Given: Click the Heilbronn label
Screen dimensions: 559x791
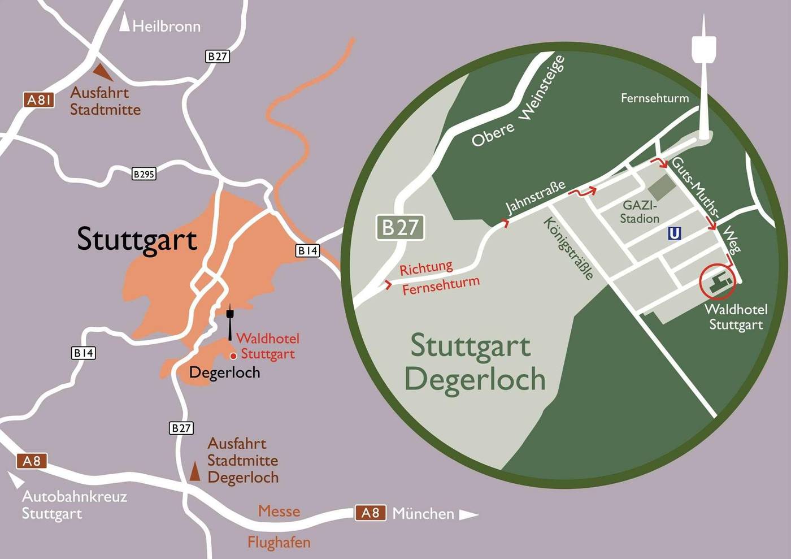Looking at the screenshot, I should coord(166,26).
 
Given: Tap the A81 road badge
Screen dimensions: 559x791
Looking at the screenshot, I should coord(39,100).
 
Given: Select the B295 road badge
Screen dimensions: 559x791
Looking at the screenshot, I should coord(144,174).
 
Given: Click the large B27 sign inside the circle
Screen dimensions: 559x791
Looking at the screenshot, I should coord(400,227).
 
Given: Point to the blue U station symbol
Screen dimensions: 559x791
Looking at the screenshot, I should coord(674,233).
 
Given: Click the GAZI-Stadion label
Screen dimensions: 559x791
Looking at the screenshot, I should coord(640,212).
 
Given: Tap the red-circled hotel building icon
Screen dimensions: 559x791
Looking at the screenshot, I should coord(718,282).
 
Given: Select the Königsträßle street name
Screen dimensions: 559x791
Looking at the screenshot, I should coord(568,248).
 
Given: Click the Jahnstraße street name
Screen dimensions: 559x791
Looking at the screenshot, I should coord(534,197).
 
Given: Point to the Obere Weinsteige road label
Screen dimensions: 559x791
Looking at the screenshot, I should coord(518,103).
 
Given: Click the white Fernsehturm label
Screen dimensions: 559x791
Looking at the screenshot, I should coord(654,98).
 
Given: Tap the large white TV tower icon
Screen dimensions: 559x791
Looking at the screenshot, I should coord(703,79).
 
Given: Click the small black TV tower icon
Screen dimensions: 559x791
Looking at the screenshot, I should coord(230,321).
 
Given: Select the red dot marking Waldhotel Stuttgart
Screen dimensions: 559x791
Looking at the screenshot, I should coord(233,356).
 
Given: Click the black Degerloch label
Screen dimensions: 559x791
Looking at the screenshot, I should coord(224,372).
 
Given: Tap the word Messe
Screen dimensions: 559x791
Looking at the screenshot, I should coord(279,511).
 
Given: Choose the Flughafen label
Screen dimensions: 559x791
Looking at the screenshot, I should coord(279,542).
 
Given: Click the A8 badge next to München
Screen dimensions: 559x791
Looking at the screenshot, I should coord(370,513).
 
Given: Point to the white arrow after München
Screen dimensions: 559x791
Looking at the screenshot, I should coord(468,515).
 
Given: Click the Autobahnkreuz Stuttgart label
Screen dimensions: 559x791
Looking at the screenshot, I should coord(74,505).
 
